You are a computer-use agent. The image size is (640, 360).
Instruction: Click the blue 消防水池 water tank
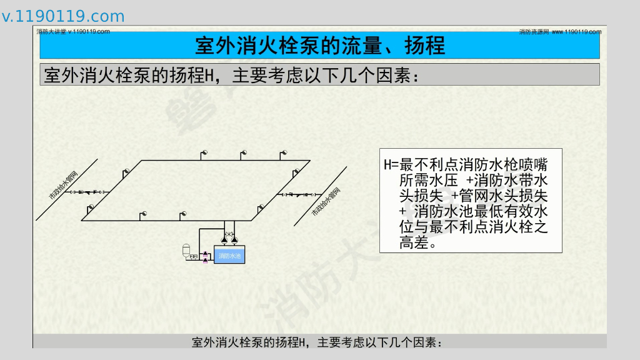229,256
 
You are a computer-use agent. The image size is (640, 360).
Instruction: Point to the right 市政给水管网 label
326,202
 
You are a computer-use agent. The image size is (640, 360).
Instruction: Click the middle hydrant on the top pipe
244,154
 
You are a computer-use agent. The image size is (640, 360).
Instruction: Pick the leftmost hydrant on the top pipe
202,154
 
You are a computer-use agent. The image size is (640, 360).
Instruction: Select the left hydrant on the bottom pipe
143,215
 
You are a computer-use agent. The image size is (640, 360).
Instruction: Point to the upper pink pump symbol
206,252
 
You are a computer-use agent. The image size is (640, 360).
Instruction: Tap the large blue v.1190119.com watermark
63,16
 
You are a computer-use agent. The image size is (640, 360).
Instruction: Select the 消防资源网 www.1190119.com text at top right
560,31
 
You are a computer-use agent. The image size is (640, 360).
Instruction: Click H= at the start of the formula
391,166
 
